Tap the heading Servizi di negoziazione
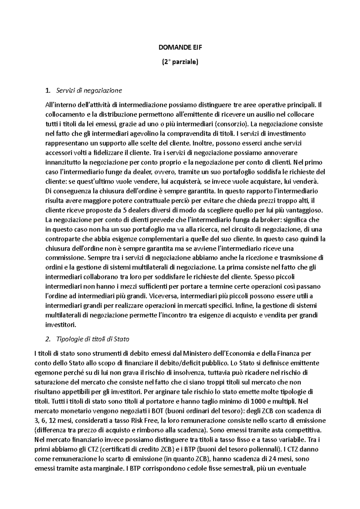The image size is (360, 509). coord(89,90)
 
